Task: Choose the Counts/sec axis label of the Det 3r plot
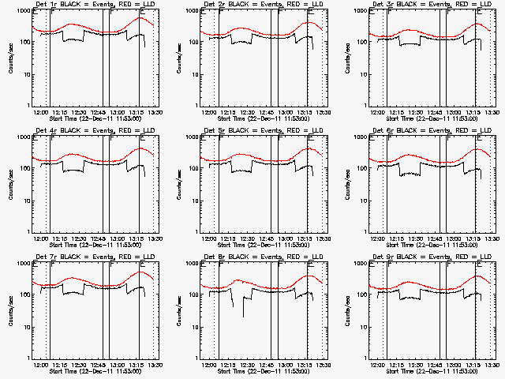[x=345, y=58]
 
